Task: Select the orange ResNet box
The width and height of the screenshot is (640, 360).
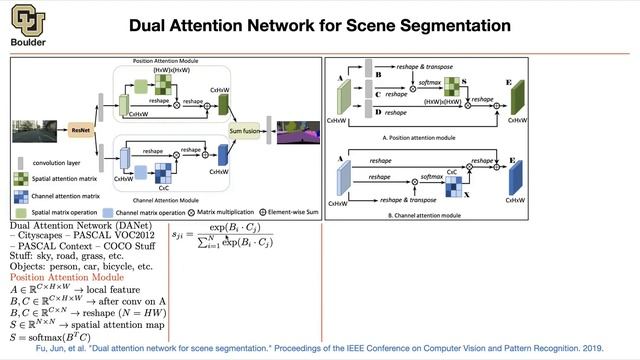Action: [82, 129]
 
